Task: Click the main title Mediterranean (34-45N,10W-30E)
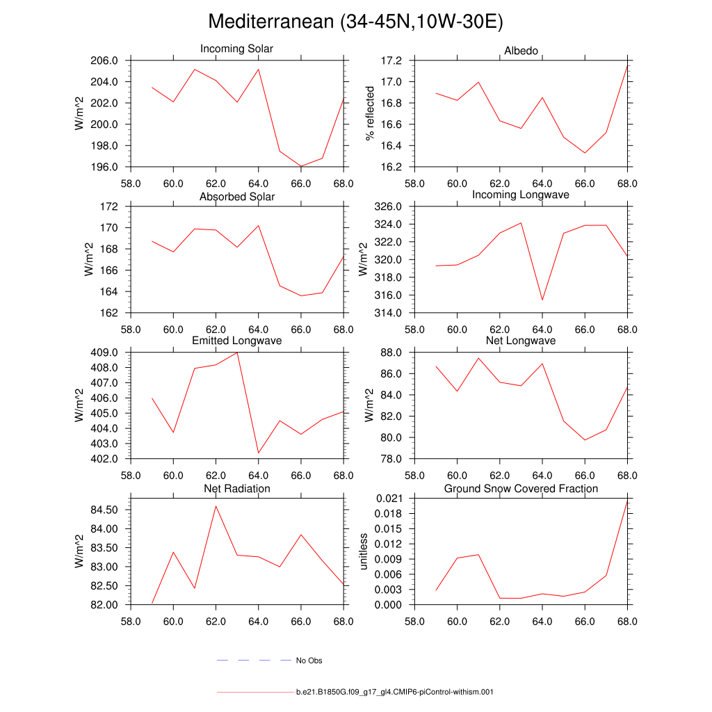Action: [355, 22]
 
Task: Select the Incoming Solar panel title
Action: [236, 49]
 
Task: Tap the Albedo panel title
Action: [521, 51]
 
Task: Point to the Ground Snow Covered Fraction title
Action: [521, 489]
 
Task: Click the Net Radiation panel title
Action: [236, 489]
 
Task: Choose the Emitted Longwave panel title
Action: [236, 341]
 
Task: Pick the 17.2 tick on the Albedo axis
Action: [391, 60]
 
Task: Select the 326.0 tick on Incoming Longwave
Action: [389, 207]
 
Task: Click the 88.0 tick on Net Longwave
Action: [391, 353]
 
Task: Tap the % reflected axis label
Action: [370, 114]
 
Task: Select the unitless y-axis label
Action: [362, 551]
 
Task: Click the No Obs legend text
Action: [309, 661]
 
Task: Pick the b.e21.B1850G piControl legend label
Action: [394, 693]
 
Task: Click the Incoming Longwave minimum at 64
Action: [542, 300]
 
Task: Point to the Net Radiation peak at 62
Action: [216, 505]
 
